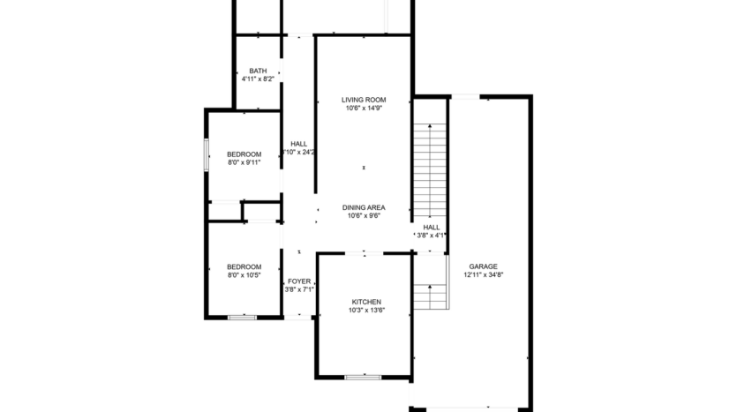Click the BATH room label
tap(258, 71)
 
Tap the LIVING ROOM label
tap(364, 100)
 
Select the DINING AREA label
tap(364, 207)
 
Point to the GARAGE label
tap(483, 266)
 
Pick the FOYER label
tap(299, 281)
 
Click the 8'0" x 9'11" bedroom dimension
tap(244, 162)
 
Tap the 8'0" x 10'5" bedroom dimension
tap(244, 275)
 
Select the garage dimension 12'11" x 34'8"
tap(483, 274)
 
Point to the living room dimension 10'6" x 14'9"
tap(364, 109)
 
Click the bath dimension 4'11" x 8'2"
tap(258, 79)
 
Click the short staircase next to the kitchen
tap(430, 296)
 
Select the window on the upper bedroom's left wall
tap(207, 154)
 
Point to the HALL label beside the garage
tap(431, 227)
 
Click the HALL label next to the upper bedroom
tap(299, 144)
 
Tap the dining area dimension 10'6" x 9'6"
tap(364, 216)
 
